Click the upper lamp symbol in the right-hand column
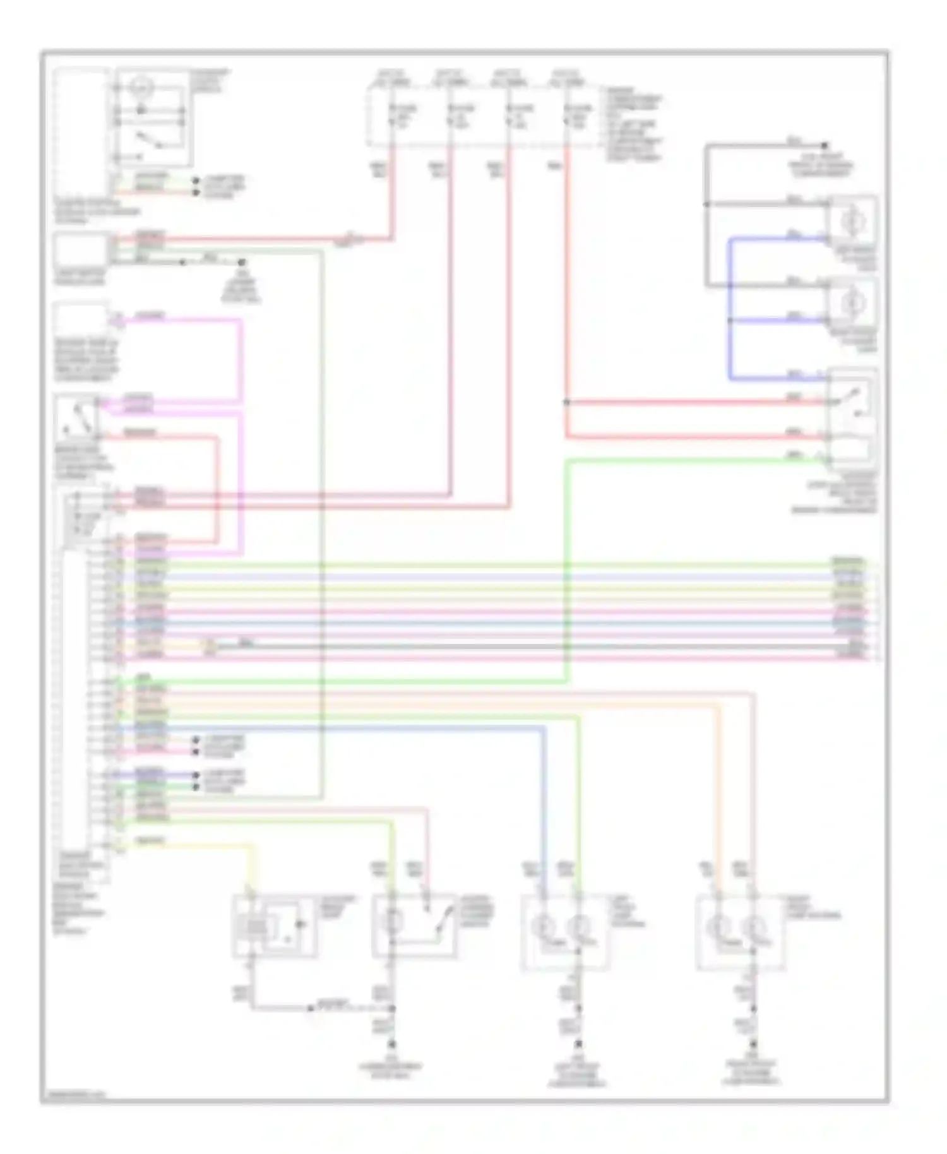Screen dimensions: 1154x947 (850, 221)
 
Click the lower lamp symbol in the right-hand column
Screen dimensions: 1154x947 (850, 303)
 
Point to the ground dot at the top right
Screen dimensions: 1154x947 (824, 145)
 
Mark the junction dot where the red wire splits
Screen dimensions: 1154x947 (566, 402)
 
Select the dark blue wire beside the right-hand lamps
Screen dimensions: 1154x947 (730, 309)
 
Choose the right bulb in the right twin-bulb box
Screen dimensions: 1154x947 (752, 927)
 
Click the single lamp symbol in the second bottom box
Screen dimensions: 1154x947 (391, 922)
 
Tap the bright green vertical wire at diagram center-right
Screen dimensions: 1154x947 (566, 568)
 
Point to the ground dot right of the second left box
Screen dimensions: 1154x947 (241, 261)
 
